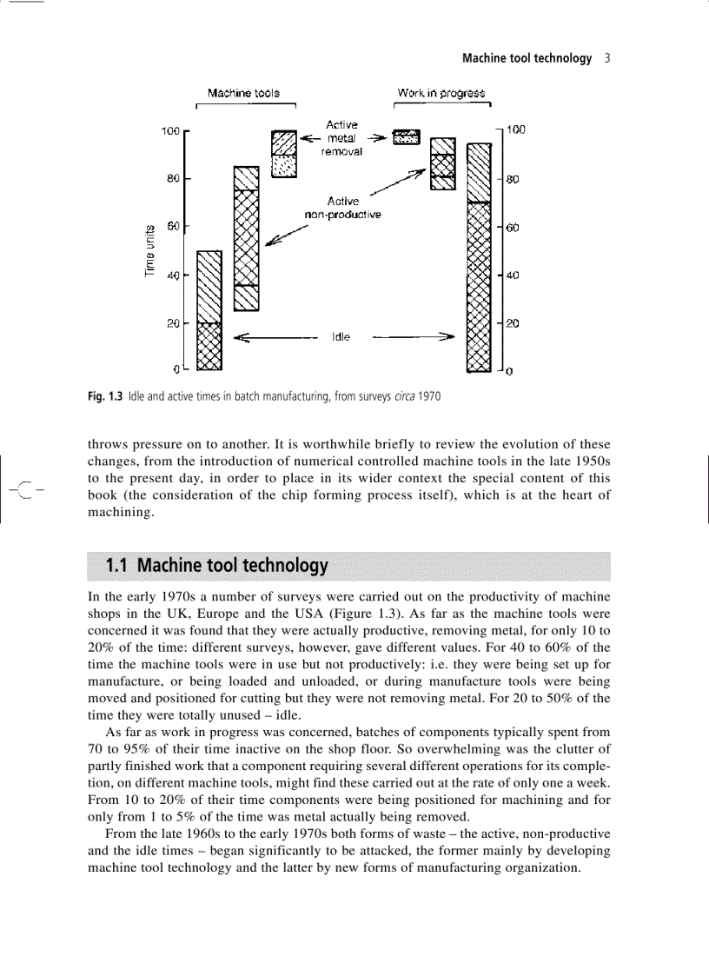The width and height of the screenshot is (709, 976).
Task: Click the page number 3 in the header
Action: tap(607, 58)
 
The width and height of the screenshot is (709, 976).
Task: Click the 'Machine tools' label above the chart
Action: tap(243, 93)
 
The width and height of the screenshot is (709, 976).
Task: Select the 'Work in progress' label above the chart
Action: tap(441, 93)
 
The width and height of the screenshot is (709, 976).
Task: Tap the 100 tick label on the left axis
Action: tap(169, 131)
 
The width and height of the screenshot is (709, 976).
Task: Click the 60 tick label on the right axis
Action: tap(513, 229)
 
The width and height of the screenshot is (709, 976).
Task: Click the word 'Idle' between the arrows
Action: tap(341, 336)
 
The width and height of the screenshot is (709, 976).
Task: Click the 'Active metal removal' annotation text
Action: tap(341, 137)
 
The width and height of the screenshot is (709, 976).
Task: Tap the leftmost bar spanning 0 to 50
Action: tap(209, 311)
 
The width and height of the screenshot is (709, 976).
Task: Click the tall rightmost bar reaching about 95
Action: tap(479, 256)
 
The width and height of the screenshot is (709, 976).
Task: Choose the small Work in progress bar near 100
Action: tap(406, 137)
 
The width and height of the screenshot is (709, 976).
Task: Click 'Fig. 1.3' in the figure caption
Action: tap(105, 397)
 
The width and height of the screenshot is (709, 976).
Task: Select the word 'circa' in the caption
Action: tap(406, 397)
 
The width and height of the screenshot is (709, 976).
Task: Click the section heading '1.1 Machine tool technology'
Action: tap(216, 567)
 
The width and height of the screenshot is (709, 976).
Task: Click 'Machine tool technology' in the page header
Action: tap(527, 58)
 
